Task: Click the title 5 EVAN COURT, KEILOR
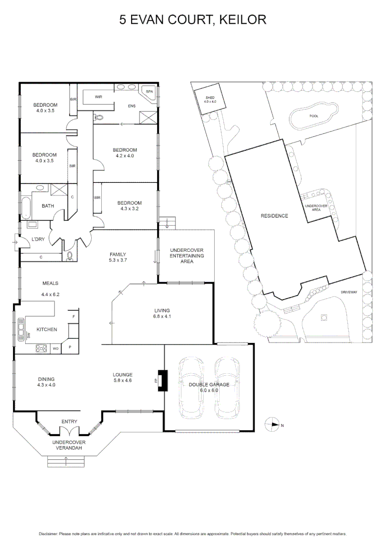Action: pyautogui.click(x=192, y=20)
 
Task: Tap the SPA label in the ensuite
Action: pyautogui.click(x=149, y=92)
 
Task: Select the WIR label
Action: pyautogui.click(x=98, y=97)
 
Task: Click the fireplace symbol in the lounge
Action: pyautogui.click(x=162, y=380)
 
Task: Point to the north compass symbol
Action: pyautogui.click(x=273, y=425)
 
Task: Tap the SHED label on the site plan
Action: pyautogui.click(x=210, y=97)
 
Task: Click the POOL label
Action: pyautogui.click(x=314, y=116)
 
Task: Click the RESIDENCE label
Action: pyautogui.click(x=274, y=216)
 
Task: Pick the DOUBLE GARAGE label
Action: pyautogui.click(x=209, y=384)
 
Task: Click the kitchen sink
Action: pyautogui.click(x=21, y=330)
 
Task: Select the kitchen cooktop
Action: pyautogui.click(x=41, y=348)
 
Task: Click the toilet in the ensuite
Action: pyautogui.click(x=98, y=117)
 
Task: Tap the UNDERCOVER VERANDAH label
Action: pyautogui.click(x=69, y=445)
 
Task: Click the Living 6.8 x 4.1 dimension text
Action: pyautogui.click(x=162, y=317)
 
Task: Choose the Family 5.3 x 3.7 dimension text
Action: pyautogui.click(x=117, y=260)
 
